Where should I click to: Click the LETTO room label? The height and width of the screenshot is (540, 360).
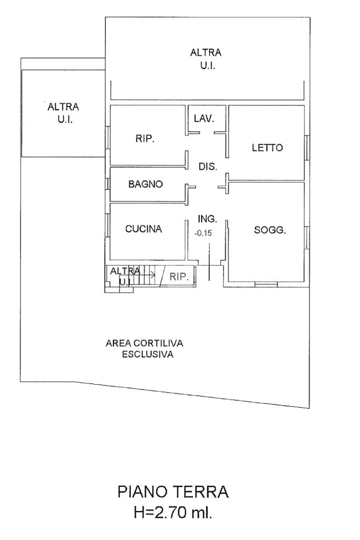pos(267,148)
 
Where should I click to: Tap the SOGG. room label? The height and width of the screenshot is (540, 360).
pos(270,230)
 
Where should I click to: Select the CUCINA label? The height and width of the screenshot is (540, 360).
pos(143,229)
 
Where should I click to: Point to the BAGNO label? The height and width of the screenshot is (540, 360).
pos(145,184)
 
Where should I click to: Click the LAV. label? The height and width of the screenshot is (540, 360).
pos(204,119)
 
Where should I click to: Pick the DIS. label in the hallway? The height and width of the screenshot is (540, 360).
pos(208,166)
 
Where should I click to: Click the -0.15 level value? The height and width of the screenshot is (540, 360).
pos(203,232)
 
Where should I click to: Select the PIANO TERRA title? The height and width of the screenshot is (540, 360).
pos(173,493)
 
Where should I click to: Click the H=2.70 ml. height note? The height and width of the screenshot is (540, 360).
pos(173,512)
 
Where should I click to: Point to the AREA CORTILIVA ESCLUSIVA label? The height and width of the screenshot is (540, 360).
pos(144,349)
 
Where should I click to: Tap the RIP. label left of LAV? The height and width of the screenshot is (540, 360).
pos(145,139)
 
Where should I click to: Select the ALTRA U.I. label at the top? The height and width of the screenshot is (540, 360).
pos(206,59)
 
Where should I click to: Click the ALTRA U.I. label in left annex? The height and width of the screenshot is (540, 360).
pos(63,113)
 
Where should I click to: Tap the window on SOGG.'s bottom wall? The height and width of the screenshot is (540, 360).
pos(266,284)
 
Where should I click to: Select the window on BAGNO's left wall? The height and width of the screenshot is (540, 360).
pos(108,184)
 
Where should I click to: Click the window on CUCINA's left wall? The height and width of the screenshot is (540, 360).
pos(108,225)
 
